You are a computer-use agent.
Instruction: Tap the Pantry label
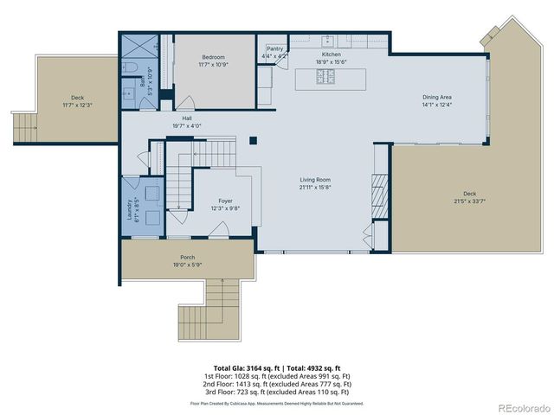pos(275,49)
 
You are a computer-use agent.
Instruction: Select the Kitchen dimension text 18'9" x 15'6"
pos(332,61)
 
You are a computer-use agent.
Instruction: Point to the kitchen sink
pos(330,41)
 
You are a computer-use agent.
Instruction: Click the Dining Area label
pos(436,98)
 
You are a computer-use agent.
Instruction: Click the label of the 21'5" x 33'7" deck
pos(469,194)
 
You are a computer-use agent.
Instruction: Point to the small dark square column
pos(253,140)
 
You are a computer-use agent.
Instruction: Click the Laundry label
pos(130,209)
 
